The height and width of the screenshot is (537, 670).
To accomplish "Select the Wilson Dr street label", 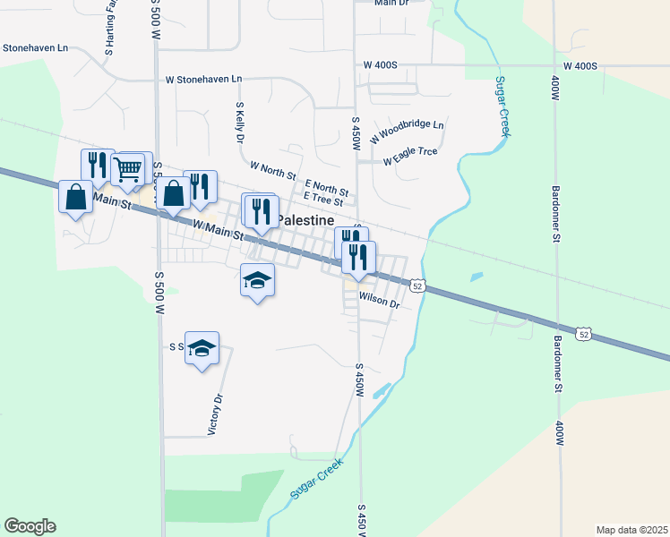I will [x=379, y=302].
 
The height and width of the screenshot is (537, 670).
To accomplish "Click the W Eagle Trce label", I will [x=410, y=156].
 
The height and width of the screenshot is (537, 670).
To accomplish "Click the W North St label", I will [x=272, y=167].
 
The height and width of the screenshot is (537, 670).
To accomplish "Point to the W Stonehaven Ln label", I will [x=204, y=79].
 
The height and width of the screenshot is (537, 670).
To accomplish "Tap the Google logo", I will [x=30, y=526].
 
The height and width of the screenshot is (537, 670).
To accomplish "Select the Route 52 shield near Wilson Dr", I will [x=417, y=286].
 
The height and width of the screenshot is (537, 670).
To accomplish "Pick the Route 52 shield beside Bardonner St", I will [x=584, y=333].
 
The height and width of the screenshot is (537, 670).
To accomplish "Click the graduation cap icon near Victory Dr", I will [x=202, y=347].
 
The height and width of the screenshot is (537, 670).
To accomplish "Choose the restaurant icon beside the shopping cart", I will [x=98, y=165].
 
